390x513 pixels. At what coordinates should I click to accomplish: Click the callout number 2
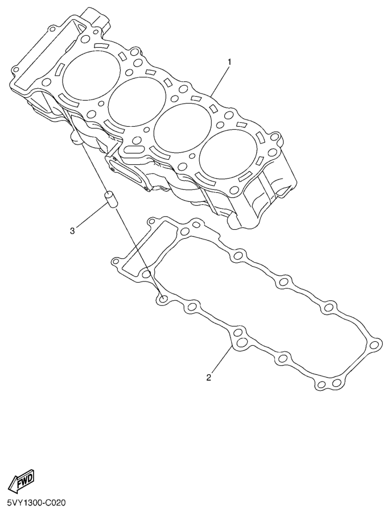click(208, 377)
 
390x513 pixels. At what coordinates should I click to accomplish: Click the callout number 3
click(72, 230)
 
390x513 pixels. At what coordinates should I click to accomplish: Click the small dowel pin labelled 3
click(110, 201)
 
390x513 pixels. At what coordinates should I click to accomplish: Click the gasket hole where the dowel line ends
click(163, 299)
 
